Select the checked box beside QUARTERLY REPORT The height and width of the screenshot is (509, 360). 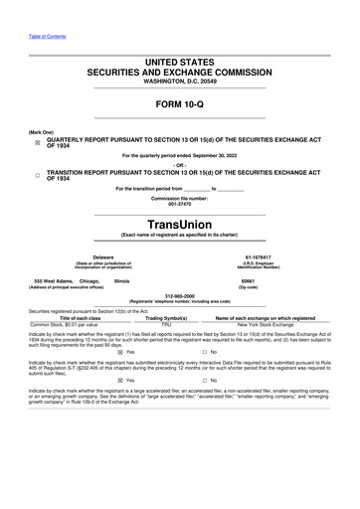tap(37, 143)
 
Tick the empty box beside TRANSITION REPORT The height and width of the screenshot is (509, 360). tap(37, 175)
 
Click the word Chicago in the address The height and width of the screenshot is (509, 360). tap(90, 280)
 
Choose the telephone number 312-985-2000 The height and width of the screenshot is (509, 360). tap(180, 295)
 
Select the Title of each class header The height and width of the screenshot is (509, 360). tap(71, 317)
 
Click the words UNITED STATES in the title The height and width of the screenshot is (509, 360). tap(180, 62)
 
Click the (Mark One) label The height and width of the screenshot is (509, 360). tap(42, 132)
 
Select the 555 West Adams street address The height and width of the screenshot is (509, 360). tap(50, 280)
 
